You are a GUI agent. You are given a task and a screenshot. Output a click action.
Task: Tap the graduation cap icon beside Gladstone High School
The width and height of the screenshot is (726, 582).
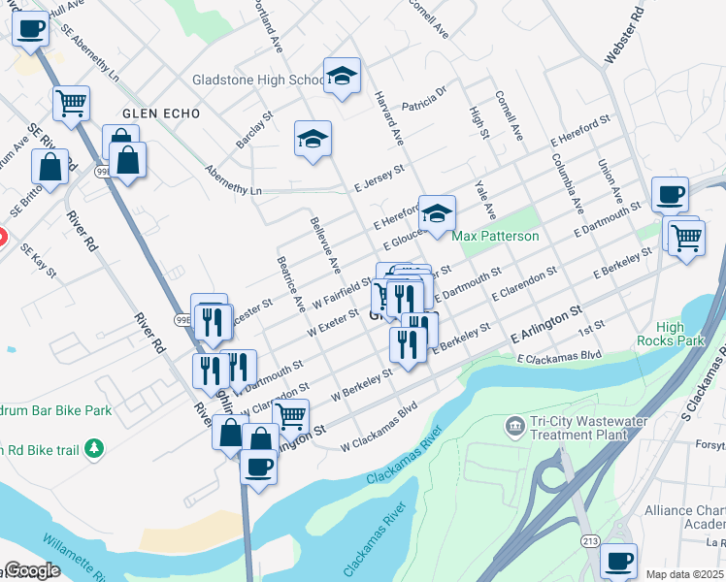click(x=341, y=77)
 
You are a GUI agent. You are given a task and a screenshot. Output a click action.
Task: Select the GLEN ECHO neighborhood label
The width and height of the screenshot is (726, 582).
click(x=161, y=113)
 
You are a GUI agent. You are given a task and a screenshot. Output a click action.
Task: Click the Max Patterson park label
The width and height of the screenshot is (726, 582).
click(x=495, y=236)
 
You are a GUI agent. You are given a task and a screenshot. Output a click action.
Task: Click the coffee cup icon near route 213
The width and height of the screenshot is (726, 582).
click(x=618, y=560)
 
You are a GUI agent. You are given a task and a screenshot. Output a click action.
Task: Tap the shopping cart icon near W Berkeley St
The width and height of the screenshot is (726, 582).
click(x=291, y=416)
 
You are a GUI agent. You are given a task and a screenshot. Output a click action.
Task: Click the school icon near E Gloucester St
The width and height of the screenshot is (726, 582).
click(x=437, y=212)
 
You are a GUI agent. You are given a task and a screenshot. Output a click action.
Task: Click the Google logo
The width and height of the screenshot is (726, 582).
click(x=31, y=571)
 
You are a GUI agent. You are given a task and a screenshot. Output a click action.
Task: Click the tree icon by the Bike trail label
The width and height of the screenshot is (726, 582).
click(x=93, y=448)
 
